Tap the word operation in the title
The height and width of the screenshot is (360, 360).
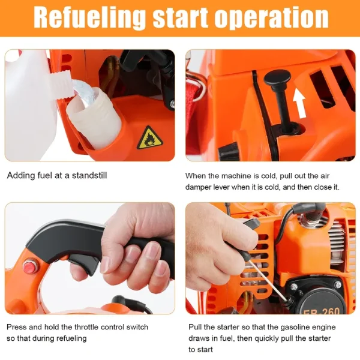tap(271, 18)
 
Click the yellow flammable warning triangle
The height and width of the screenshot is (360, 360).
tap(149, 138)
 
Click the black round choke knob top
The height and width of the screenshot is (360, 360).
tap(277, 77)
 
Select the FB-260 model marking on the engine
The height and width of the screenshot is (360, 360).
tap(322, 310)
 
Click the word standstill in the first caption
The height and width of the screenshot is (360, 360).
tap(89, 175)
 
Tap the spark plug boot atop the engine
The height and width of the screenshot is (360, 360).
tap(309, 212)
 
